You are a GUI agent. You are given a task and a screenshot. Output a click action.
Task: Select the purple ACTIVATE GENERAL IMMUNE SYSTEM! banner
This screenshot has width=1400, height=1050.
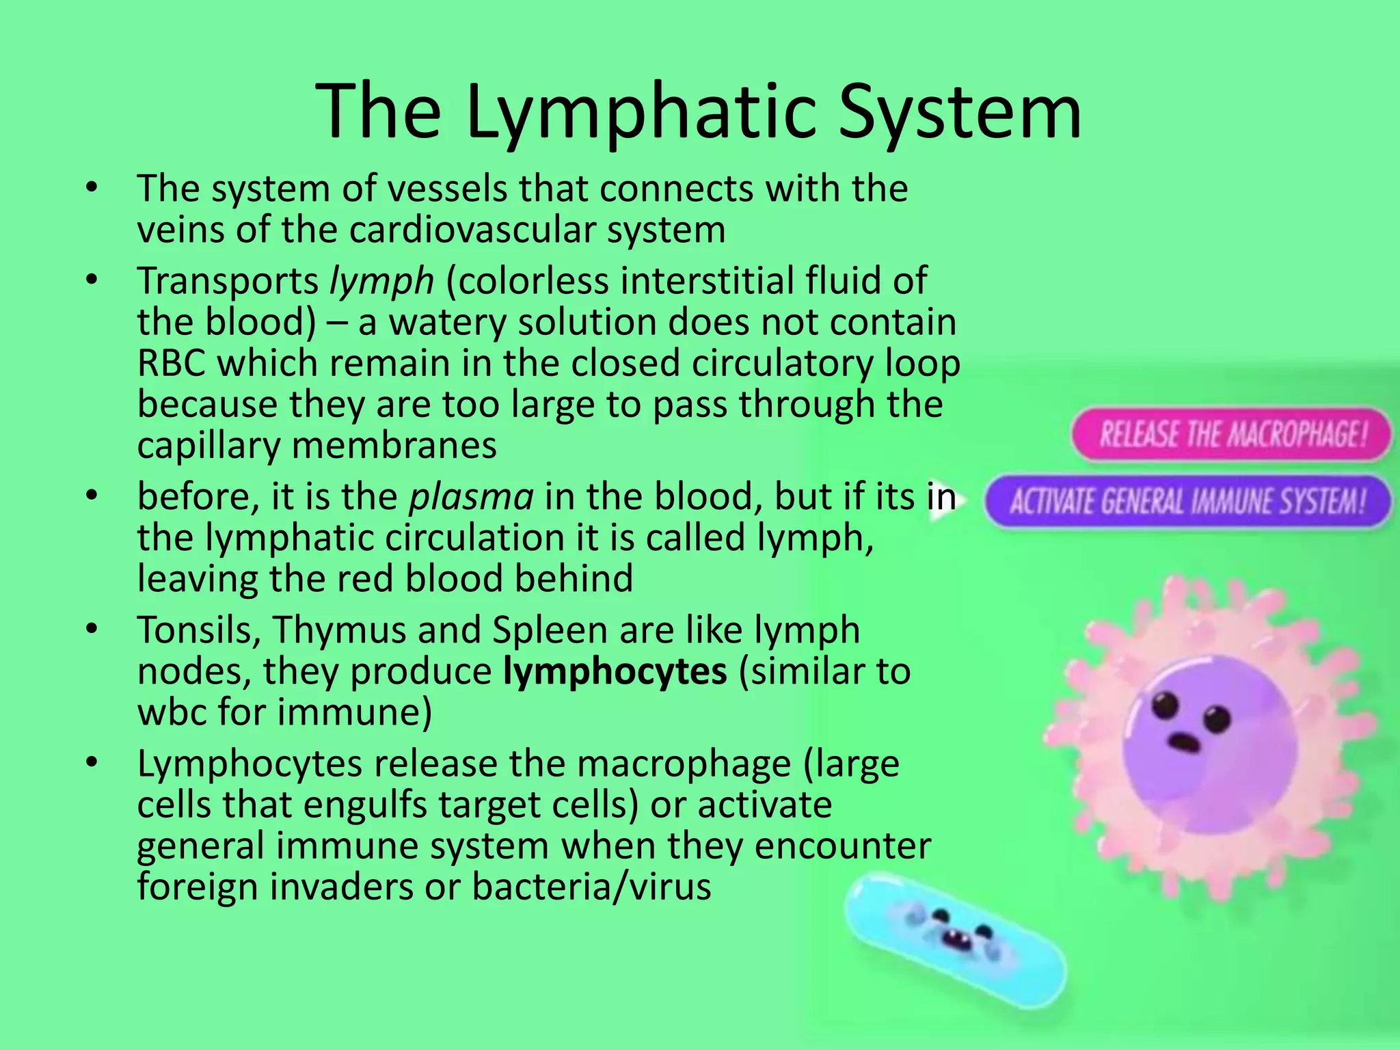point(1188,502)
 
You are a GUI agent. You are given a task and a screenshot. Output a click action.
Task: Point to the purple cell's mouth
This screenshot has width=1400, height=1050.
point(1185,740)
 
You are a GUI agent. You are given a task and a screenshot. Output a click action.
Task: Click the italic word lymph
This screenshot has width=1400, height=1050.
point(381,282)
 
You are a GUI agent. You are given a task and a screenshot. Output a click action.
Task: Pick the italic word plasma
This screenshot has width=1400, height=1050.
point(471,497)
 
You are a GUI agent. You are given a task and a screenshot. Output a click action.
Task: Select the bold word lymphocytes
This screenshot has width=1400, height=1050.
point(615,671)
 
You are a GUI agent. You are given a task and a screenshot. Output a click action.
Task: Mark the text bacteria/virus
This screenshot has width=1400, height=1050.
point(591,887)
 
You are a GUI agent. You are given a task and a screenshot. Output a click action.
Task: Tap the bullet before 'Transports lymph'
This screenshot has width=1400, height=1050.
point(92,281)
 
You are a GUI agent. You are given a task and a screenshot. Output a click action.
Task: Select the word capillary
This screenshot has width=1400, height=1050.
point(208,446)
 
